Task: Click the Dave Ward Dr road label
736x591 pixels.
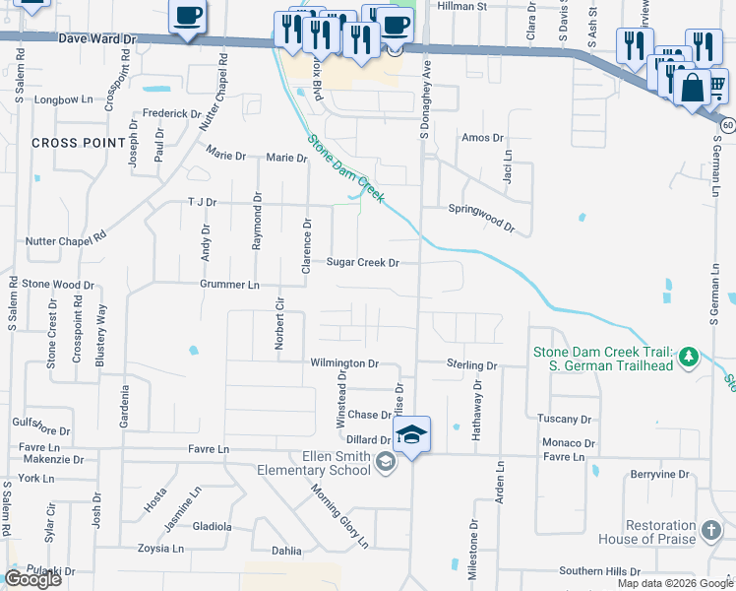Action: tap(95, 40)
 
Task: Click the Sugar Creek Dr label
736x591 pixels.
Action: tap(363, 263)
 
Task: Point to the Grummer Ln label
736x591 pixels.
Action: tap(229, 285)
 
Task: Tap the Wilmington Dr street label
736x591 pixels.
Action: tap(344, 363)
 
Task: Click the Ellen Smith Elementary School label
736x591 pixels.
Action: tap(329, 463)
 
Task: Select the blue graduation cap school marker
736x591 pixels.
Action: tap(413, 434)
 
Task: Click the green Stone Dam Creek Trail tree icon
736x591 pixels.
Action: tap(689, 355)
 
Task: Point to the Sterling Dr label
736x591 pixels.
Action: tap(471, 365)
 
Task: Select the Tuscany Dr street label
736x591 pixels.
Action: tap(564, 419)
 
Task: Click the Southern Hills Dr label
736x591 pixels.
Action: tap(599, 571)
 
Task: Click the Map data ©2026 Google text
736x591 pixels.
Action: tap(675, 583)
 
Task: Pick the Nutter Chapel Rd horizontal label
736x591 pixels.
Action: tap(65, 237)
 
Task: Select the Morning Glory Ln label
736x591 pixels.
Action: tap(339, 516)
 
